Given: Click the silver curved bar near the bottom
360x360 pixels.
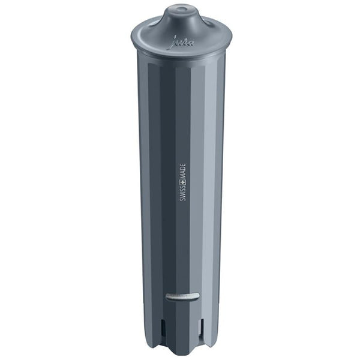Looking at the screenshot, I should point(182,296).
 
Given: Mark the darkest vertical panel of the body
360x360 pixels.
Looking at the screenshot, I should point(167,180).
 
